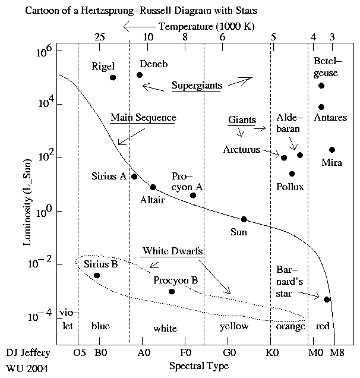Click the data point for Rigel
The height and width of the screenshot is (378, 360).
click(x=113, y=78)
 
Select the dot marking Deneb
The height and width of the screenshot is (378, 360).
click(x=140, y=75)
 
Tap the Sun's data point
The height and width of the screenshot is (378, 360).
click(x=244, y=219)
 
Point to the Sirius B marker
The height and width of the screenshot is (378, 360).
click(x=97, y=275)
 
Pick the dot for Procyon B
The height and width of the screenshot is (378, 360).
click(x=172, y=291)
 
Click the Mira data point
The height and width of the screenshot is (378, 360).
click(x=332, y=150)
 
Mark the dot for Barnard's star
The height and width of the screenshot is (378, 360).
click(x=327, y=299)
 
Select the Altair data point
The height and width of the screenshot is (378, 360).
click(x=153, y=187)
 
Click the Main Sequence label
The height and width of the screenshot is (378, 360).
click(x=143, y=118)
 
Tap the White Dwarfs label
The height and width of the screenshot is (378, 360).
click(x=172, y=251)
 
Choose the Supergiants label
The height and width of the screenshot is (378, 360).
click(x=196, y=86)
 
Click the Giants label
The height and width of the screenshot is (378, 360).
click(x=242, y=120)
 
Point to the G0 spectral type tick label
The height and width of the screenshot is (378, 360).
click(x=228, y=352)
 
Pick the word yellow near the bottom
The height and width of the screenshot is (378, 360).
click(x=234, y=326)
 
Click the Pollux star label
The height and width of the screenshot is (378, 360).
click(x=290, y=187)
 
